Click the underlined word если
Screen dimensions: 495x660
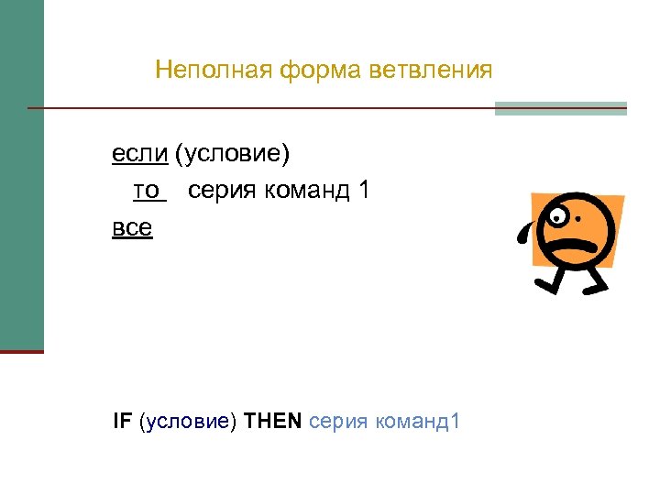139,154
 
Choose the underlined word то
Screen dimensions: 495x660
148,191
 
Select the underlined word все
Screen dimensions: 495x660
132,226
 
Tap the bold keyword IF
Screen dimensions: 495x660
122,422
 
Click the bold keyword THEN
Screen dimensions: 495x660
273,422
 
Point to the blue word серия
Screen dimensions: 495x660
339,423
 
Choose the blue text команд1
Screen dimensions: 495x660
419,423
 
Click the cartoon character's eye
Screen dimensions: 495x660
558,217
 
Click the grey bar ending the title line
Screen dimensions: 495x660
560,108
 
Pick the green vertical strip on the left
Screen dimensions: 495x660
21,174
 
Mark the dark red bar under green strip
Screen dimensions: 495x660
21,351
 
